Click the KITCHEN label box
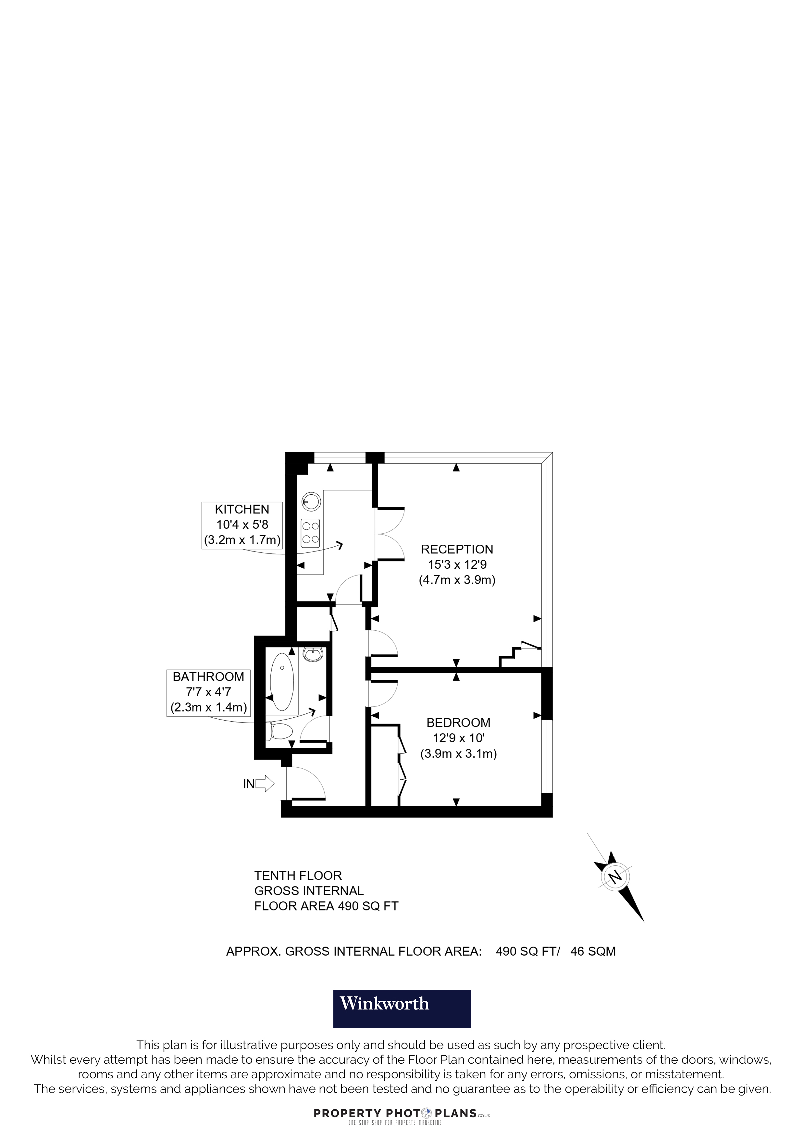tap(242, 525)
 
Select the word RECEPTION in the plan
tap(457, 549)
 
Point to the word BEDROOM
tap(458, 723)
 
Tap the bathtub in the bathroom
tap(282, 682)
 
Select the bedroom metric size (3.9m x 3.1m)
tap(458, 754)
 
